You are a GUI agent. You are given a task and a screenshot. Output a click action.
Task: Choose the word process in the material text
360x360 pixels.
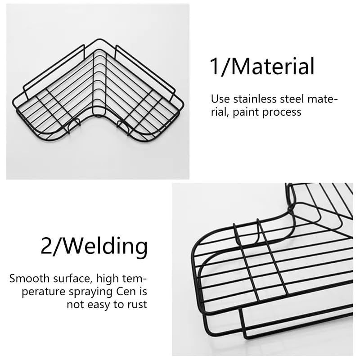pos(282,112)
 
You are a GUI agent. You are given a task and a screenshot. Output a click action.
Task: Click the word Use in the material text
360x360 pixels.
pos(220,99)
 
